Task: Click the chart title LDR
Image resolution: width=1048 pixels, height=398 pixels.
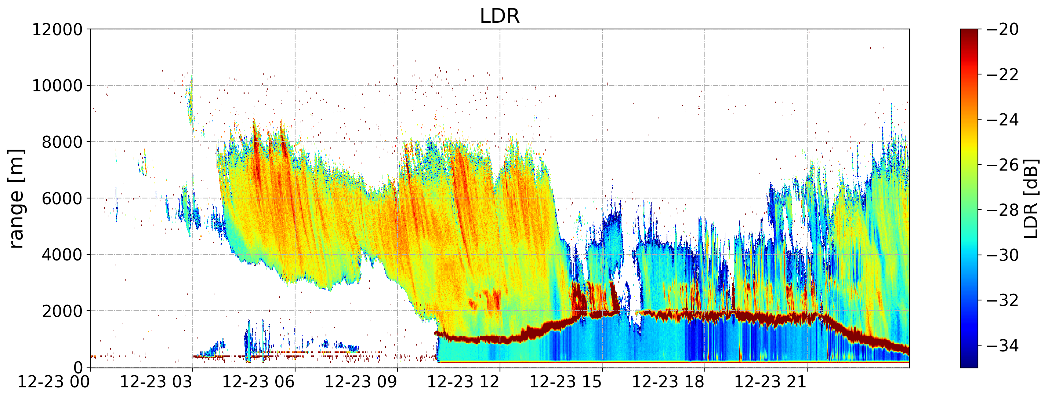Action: click(x=500, y=16)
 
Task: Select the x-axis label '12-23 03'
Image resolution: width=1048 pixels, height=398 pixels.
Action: click(x=156, y=383)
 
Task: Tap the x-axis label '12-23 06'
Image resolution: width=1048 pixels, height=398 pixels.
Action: click(x=259, y=383)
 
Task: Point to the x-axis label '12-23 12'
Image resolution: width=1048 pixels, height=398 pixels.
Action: click(x=464, y=383)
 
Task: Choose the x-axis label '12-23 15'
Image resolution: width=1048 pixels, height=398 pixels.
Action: click(x=566, y=383)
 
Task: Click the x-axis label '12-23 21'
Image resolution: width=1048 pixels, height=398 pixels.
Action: click(x=771, y=383)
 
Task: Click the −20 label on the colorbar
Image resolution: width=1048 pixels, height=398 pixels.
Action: click(x=1002, y=29)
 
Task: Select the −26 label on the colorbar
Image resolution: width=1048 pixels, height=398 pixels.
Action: click(x=1002, y=165)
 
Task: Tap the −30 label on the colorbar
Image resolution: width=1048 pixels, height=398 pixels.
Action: click(x=1002, y=255)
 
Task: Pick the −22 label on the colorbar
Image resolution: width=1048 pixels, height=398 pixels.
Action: click(x=1002, y=74)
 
